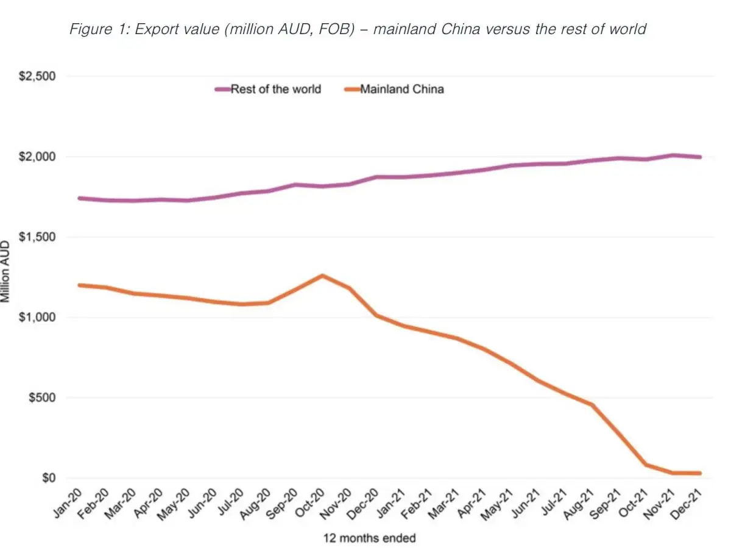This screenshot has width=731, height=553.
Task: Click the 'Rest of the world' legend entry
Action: click(275, 89)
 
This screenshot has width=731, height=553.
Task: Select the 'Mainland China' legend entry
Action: click(401, 89)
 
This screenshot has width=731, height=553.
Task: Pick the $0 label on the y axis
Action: click(48, 478)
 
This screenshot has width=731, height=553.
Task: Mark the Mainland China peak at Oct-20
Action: click(322, 276)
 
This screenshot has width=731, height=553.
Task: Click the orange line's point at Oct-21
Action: click(646, 465)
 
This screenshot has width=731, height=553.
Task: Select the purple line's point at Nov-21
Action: click(673, 155)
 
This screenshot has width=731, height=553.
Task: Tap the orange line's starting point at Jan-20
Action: click(80, 285)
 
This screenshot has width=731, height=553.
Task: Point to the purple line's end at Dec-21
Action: click(700, 157)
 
